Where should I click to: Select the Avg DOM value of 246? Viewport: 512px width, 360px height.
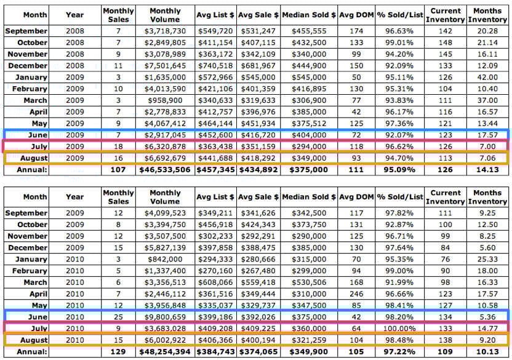coord(353,294)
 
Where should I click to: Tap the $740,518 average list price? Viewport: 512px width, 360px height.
coord(218,66)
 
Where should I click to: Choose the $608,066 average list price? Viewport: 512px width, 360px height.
coord(218,282)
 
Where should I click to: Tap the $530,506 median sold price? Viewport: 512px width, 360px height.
coord(309,282)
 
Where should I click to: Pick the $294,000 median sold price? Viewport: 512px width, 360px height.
coord(309,146)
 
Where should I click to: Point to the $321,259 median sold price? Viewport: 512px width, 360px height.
coord(309,340)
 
